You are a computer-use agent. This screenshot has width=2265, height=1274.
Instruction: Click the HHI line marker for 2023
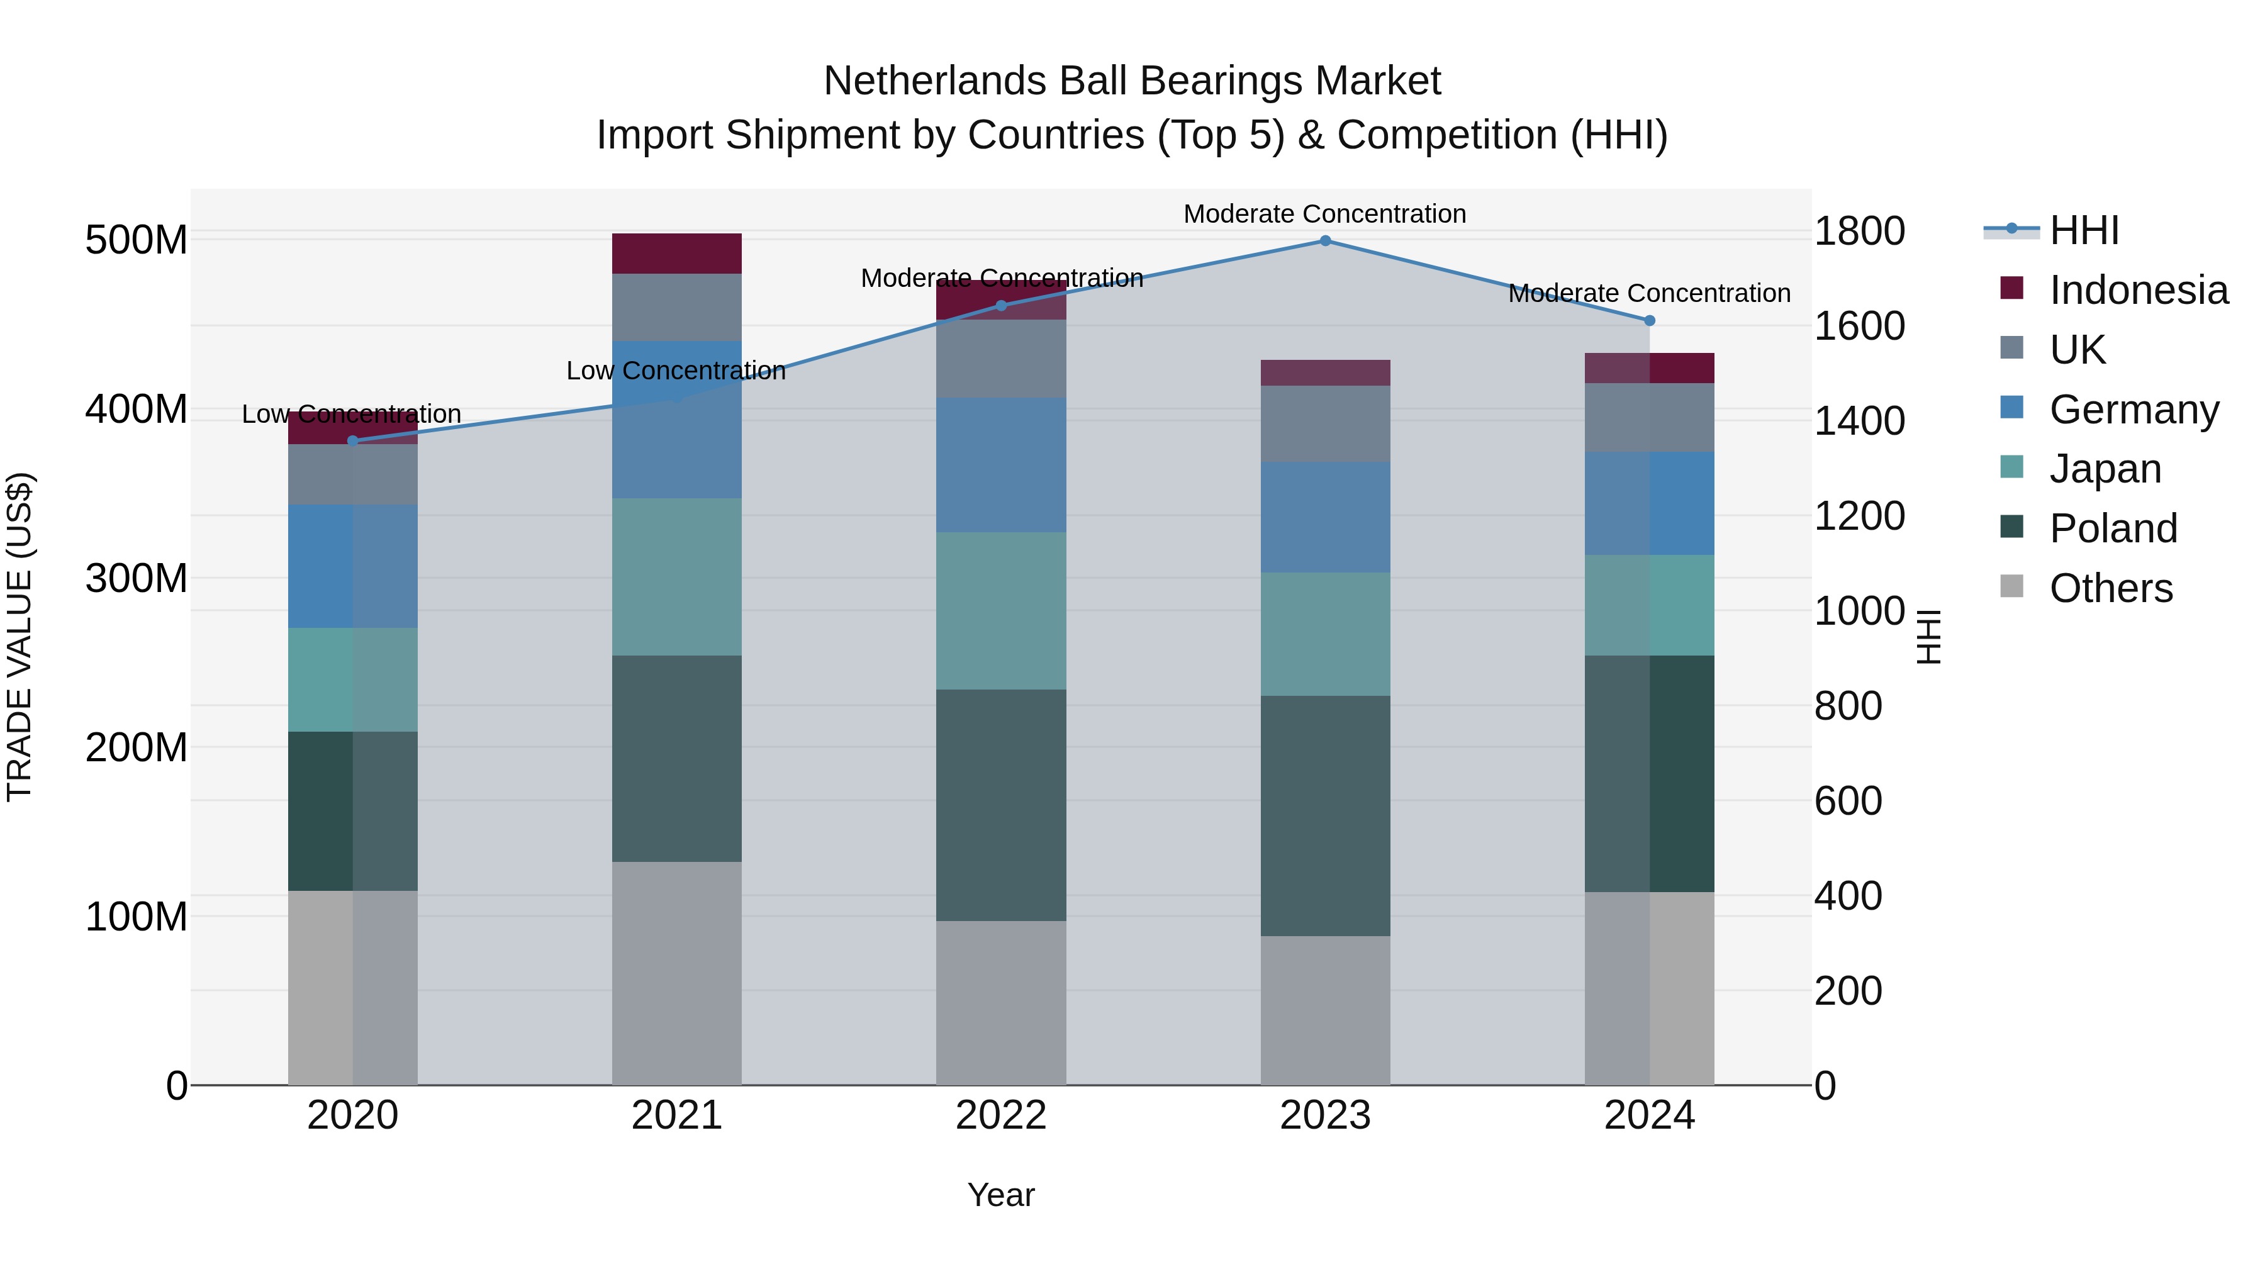[x=1325, y=240]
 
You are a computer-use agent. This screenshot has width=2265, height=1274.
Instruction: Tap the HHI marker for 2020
[x=352, y=440]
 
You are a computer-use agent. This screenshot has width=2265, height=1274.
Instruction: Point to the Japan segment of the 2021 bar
[x=676, y=577]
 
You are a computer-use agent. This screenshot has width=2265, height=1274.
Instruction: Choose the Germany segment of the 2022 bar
[x=1000, y=464]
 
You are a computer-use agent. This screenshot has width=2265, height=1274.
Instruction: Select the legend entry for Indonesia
[x=2137, y=290]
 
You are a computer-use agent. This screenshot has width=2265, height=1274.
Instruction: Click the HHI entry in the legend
[x=2084, y=230]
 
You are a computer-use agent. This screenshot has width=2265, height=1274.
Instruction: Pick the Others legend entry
[x=2110, y=588]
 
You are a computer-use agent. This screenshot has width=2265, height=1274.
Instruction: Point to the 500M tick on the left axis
[x=137, y=240]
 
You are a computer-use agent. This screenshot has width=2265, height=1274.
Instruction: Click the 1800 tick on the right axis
[x=1859, y=232]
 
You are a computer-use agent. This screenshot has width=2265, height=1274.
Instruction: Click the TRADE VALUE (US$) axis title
[x=20, y=637]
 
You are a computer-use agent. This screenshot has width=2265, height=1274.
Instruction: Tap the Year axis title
[x=1000, y=1195]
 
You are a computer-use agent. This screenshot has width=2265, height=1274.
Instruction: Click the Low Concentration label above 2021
[x=676, y=371]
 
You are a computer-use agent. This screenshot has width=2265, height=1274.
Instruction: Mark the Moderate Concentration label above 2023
[x=1324, y=214]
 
